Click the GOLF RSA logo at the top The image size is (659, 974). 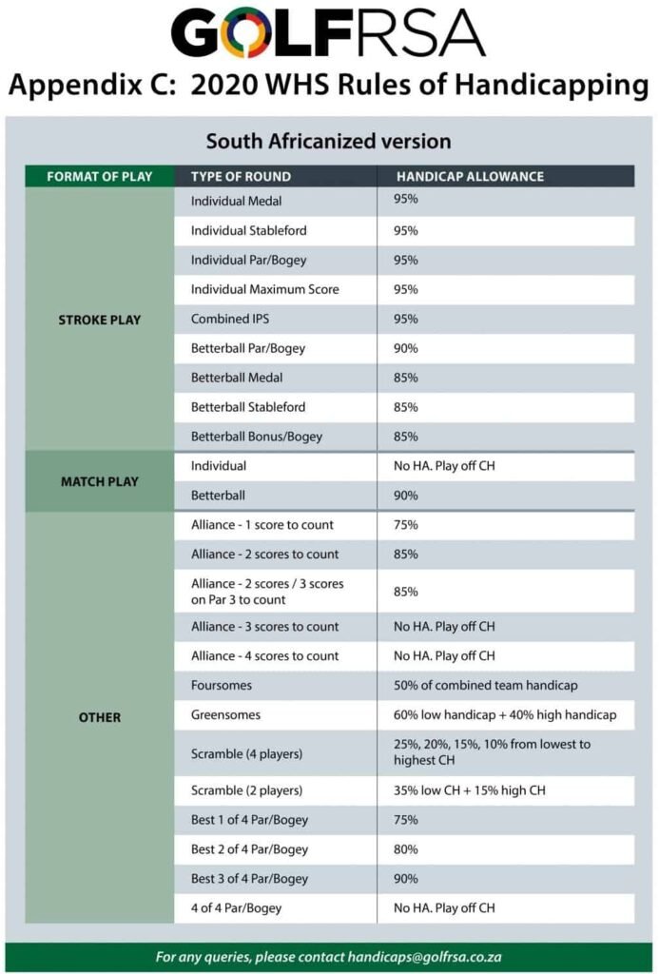(x=328, y=33)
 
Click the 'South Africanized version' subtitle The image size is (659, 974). (x=328, y=142)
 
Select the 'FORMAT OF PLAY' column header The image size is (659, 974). (x=99, y=177)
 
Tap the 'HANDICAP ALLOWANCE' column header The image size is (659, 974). (x=470, y=177)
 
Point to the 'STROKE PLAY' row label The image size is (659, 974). (x=99, y=320)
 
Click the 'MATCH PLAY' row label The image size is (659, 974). (x=99, y=481)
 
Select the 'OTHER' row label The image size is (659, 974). (x=99, y=717)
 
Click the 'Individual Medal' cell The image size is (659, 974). (x=236, y=202)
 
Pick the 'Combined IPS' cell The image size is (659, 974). (x=232, y=319)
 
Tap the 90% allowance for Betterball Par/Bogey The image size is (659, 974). (x=406, y=348)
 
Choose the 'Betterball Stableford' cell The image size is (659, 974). (x=248, y=407)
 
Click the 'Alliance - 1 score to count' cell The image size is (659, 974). (x=262, y=525)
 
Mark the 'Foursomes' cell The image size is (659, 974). (x=222, y=685)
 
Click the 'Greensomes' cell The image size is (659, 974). (x=226, y=714)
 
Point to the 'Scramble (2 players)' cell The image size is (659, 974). (x=246, y=790)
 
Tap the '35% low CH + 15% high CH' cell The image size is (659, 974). (x=469, y=790)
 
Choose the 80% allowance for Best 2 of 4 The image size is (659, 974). (x=406, y=849)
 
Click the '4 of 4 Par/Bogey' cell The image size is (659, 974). (x=236, y=908)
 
